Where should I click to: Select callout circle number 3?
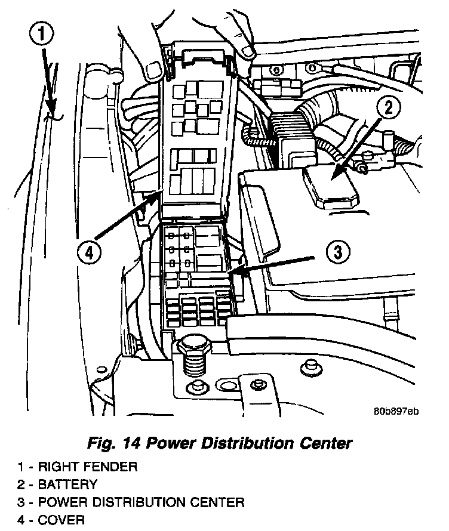tap(338, 252)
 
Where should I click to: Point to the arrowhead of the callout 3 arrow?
tap(233, 273)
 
